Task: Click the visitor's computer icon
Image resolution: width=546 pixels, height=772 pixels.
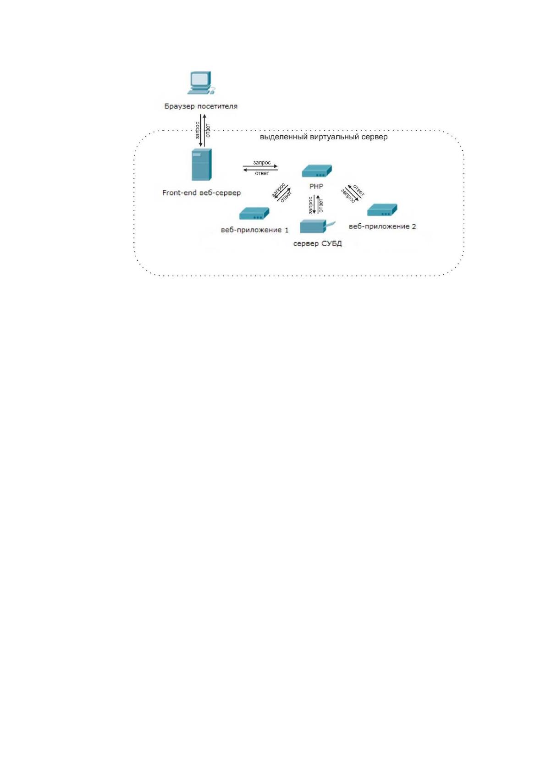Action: point(201,83)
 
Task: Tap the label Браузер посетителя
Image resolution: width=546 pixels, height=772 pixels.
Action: point(201,106)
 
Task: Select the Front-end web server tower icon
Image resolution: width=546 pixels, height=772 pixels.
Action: point(202,165)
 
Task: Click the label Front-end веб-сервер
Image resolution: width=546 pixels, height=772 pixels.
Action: point(201,193)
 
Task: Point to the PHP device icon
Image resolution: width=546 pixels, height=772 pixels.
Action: point(317,171)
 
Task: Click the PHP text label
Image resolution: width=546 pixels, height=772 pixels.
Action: point(316,187)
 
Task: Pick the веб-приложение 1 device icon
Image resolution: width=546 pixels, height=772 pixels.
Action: point(254,214)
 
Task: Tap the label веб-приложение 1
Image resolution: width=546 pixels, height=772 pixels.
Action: point(255,230)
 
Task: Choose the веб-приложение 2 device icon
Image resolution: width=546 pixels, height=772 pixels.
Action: point(382,210)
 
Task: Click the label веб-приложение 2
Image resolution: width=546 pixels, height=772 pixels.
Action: point(382,226)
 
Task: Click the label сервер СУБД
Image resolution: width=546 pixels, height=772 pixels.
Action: point(317,244)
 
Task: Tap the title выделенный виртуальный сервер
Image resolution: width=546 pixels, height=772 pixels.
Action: point(324,137)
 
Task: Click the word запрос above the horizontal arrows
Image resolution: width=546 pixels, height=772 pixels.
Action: point(262,162)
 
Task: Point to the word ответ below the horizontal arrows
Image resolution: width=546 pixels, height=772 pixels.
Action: point(262,173)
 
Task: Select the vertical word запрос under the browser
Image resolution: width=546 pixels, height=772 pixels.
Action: point(198,130)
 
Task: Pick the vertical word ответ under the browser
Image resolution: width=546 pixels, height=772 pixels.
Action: point(208,131)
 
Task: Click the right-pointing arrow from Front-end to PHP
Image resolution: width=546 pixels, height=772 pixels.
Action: point(260,166)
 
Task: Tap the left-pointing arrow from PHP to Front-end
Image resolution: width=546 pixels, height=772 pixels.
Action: point(260,170)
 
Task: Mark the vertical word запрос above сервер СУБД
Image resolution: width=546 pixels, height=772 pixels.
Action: point(310,205)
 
